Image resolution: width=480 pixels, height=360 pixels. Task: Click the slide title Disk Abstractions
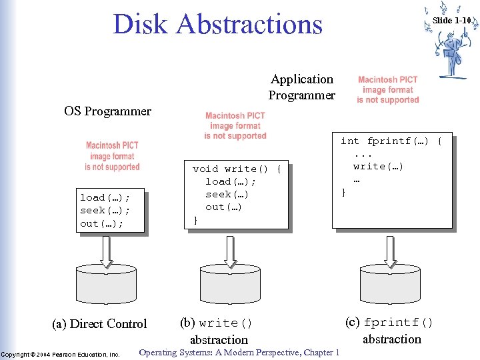217,24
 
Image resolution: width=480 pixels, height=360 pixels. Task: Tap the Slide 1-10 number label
452,20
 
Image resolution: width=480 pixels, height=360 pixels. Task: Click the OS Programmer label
107,111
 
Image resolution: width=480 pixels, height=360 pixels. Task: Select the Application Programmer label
301,87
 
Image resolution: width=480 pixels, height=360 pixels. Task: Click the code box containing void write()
236,194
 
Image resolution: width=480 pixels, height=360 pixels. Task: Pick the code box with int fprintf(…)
391,179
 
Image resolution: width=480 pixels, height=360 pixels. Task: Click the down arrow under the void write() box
230,249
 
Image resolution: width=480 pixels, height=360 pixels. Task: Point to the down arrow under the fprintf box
391,249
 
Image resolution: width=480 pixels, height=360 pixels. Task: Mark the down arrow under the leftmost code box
107,249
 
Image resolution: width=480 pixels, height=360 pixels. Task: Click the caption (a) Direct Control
99,324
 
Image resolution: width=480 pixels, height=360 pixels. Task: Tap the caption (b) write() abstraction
217,331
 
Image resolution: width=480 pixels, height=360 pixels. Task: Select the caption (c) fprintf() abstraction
391,330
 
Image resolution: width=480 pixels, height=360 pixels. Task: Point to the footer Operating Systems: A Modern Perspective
239,353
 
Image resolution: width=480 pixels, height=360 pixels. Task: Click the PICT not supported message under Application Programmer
387,90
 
